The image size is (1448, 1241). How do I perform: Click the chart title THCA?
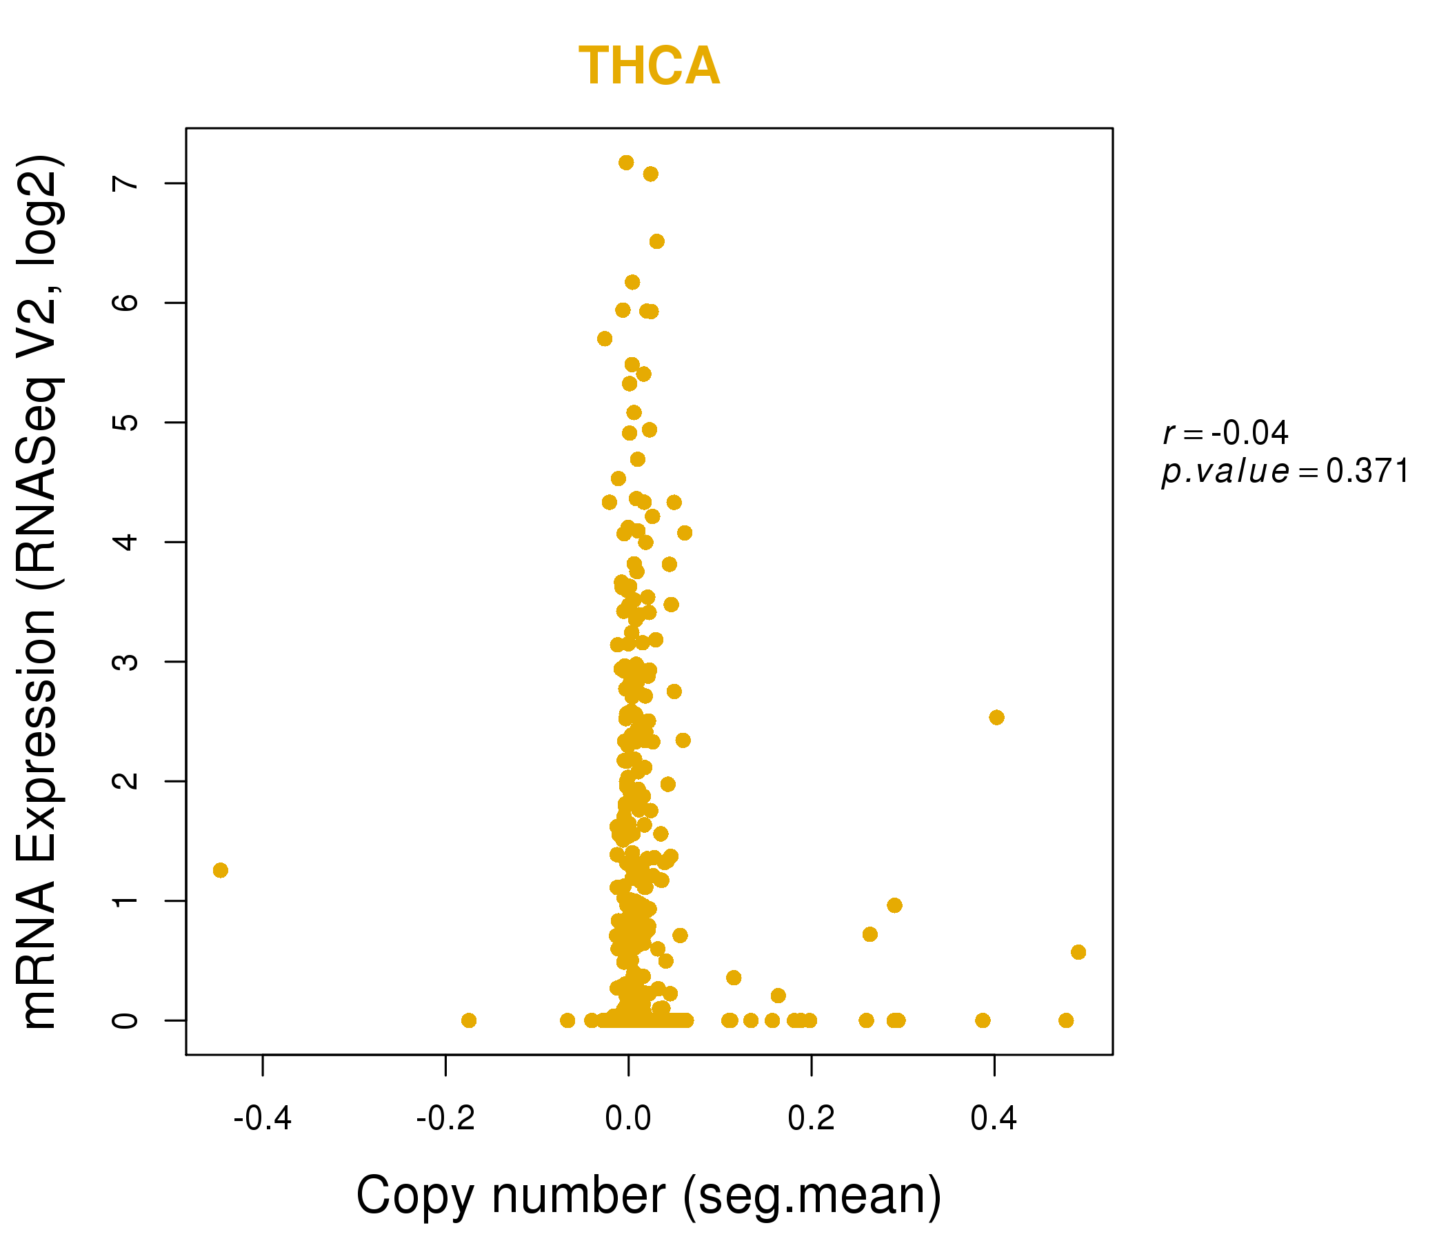[649, 66]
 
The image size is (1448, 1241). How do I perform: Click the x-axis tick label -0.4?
[262, 1119]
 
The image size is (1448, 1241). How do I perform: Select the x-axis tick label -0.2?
[445, 1119]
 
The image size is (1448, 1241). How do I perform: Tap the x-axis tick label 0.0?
[628, 1119]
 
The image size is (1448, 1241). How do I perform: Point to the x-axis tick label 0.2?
[811, 1119]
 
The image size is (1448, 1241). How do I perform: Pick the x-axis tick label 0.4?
[994, 1119]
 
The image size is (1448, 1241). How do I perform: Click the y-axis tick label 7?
[125, 183]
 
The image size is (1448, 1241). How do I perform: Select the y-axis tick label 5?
[125, 422]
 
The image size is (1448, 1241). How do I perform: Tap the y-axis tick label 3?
[125, 661]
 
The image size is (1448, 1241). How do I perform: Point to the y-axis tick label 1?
[125, 900]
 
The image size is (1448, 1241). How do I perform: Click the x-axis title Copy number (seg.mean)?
[649, 1195]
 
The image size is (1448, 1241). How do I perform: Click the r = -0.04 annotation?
[1225, 433]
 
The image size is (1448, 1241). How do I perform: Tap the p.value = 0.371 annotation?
[1285, 472]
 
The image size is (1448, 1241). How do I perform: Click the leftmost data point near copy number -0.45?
[220, 870]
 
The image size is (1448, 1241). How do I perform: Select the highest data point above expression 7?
[626, 162]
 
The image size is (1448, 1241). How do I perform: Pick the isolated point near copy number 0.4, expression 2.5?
[996, 717]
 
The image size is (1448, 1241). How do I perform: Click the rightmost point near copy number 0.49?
[1078, 951]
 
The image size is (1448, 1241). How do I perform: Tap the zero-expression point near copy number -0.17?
[469, 1020]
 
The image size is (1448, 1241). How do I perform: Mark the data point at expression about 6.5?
[657, 241]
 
